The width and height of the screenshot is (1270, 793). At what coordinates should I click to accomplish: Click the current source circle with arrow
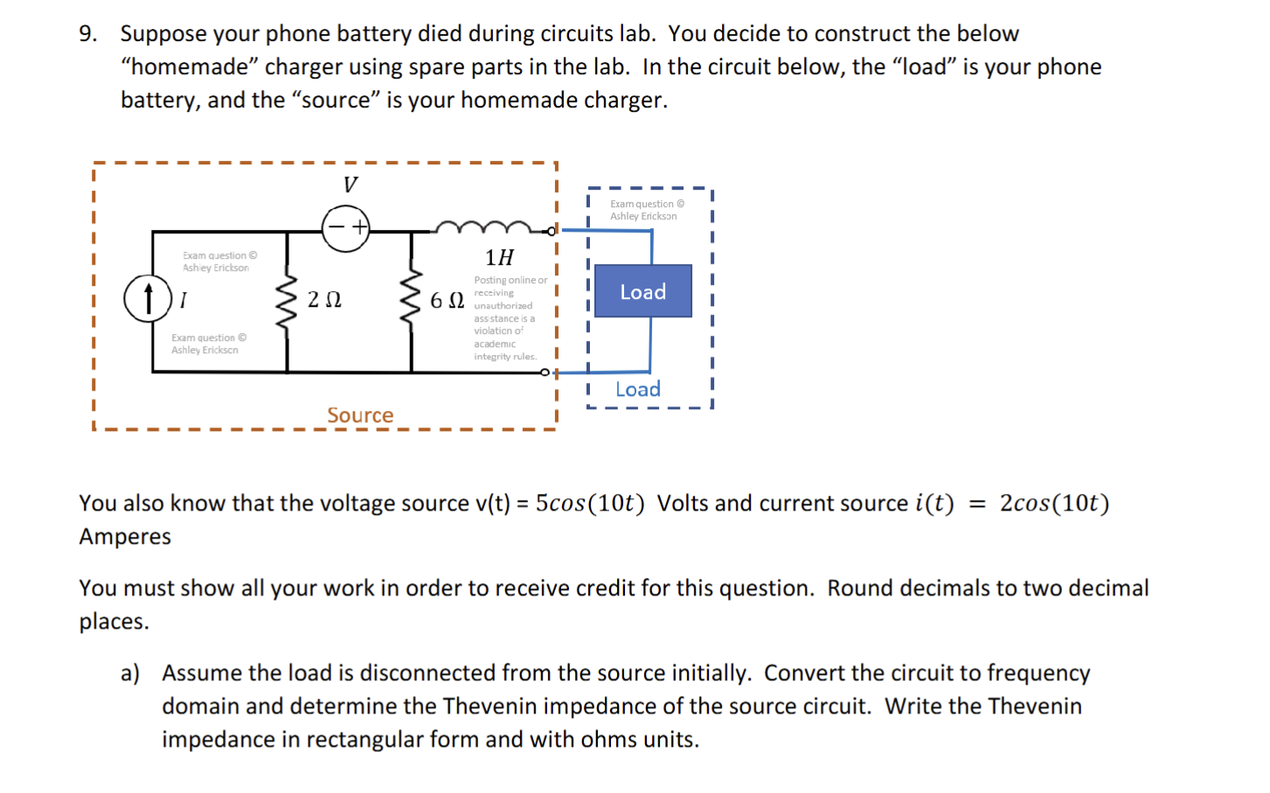(x=148, y=298)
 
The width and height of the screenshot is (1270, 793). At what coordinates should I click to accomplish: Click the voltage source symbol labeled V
(x=346, y=229)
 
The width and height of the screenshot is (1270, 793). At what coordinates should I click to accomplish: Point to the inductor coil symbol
(x=482, y=228)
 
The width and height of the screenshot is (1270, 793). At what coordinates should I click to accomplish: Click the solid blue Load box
(x=642, y=291)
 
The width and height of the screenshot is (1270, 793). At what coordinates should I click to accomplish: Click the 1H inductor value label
(x=499, y=257)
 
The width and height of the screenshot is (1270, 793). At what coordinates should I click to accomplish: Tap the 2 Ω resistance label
(x=324, y=300)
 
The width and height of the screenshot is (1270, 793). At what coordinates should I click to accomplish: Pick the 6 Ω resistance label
(x=447, y=301)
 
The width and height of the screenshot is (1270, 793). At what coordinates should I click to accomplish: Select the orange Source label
(x=360, y=415)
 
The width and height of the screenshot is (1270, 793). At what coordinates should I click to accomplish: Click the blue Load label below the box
(x=637, y=389)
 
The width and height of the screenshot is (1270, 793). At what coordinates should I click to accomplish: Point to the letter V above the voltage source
(x=350, y=184)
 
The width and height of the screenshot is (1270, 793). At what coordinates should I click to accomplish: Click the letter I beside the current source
(x=183, y=301)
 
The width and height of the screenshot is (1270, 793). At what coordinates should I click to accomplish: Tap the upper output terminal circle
(x=551, y=231)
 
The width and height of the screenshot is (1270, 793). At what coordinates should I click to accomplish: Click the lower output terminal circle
(x=545, y=372)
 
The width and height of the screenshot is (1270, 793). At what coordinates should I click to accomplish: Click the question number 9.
(x=87, y=34)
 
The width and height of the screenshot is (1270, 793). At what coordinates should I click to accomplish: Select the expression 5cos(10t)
(x=590, y=504)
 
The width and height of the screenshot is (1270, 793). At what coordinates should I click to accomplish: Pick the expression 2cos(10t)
(x=1054, y=504)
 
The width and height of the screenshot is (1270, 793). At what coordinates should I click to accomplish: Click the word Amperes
(x=125, y=537)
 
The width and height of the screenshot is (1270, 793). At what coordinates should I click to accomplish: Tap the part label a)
(x=130, y=673)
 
